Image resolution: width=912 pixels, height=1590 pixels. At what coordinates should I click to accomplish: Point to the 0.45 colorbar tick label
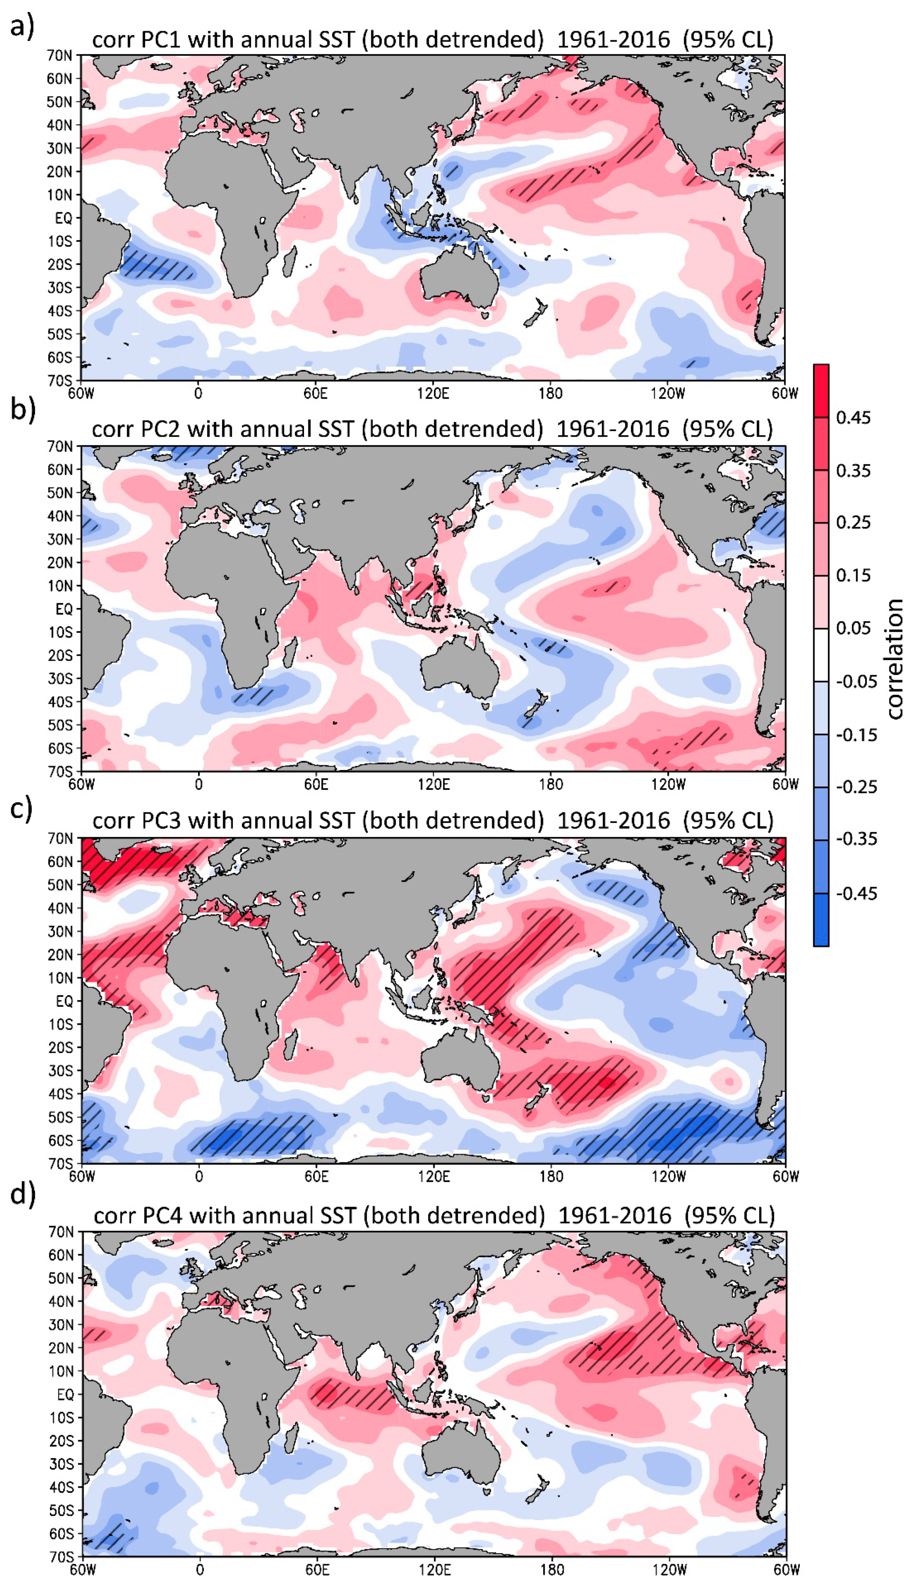(x=853, y=418)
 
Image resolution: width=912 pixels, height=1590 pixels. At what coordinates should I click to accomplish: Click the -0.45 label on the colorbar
(x=856, y=893)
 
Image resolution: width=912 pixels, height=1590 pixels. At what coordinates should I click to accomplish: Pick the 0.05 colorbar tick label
(x=853, y=628)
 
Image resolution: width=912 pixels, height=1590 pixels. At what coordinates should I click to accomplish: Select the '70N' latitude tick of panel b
(x=60, y=447)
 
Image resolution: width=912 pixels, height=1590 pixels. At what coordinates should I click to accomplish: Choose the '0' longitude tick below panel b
(x=199, y=784)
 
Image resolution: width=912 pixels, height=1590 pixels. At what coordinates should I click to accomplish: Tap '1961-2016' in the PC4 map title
(x=614, y=1216)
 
